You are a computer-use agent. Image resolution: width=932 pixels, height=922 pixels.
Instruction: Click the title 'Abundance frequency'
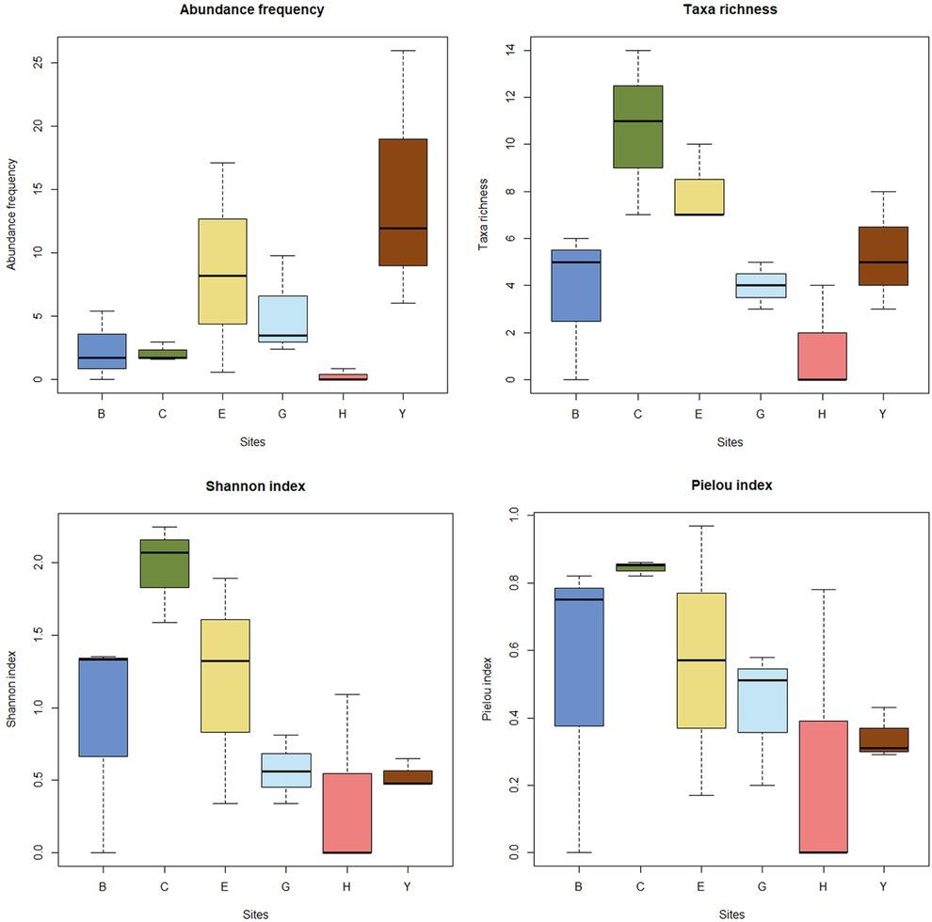click(x=251, y=10)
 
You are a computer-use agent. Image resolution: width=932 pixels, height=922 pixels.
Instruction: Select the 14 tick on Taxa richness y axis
click(x=506, y=50)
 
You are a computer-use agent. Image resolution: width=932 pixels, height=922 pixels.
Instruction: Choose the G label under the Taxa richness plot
click(x=761, y=412)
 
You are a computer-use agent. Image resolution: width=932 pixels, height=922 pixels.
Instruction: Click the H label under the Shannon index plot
click(x=347, y=885)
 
